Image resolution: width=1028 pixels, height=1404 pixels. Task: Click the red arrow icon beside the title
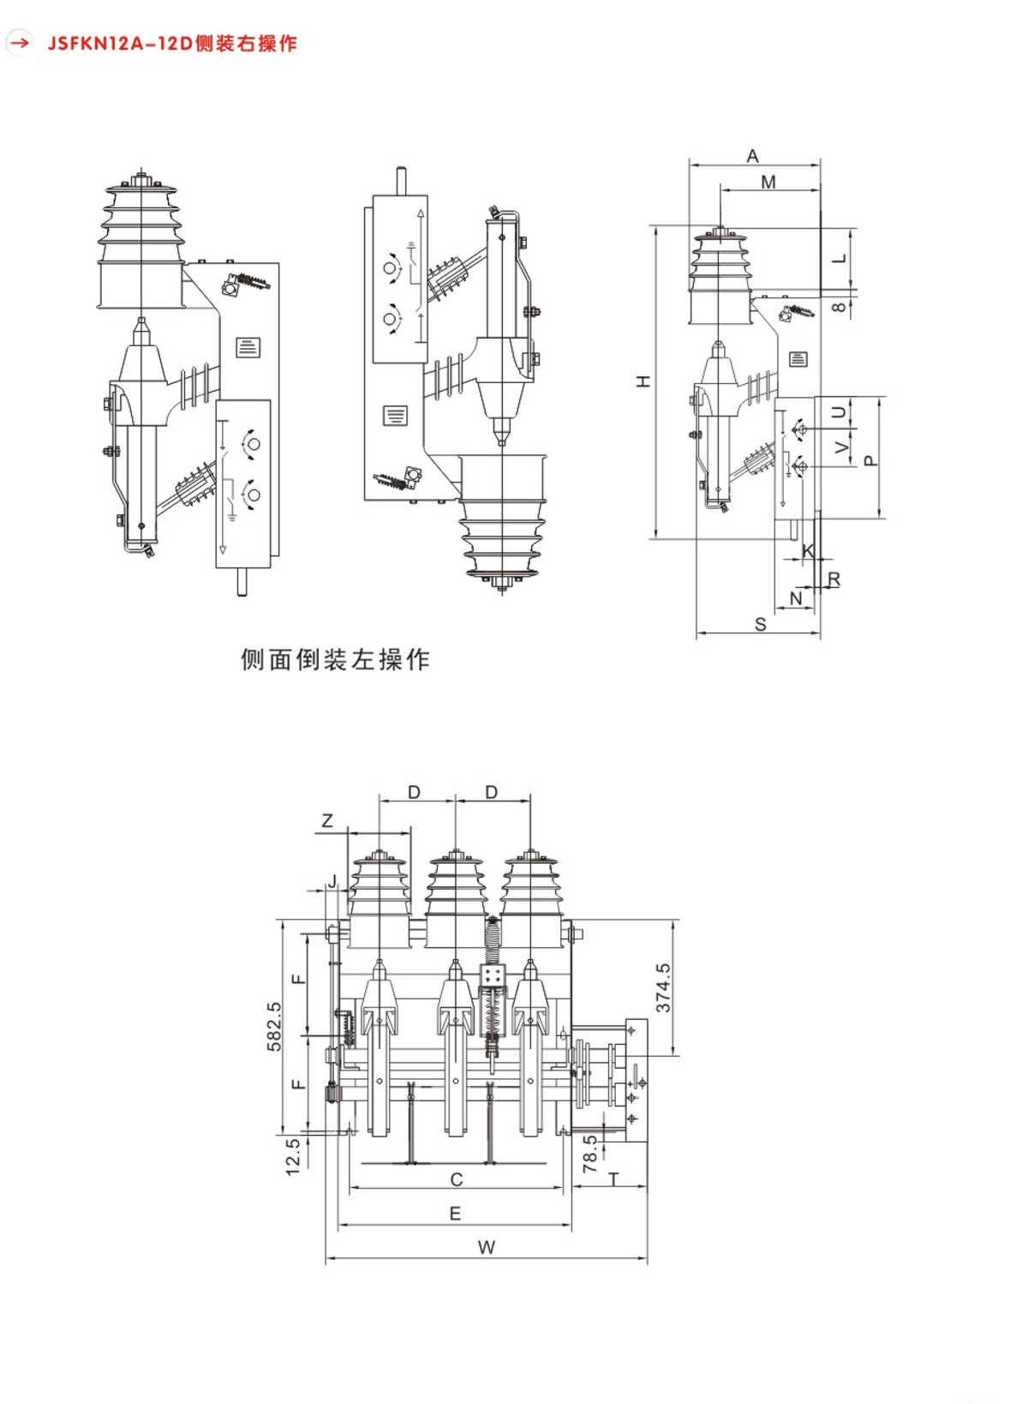19,42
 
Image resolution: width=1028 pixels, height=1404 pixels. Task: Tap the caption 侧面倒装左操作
335,659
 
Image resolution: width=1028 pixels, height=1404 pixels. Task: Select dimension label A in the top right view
752,156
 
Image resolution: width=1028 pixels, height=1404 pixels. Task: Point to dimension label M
768,182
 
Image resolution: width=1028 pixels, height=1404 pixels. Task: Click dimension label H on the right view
643,381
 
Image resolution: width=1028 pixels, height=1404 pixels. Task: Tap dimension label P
871,460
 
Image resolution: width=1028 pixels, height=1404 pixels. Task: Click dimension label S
760,625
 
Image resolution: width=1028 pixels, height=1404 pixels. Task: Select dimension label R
834,580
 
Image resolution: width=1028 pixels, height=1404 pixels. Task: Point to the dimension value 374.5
663,987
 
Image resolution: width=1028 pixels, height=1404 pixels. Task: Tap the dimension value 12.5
293,1155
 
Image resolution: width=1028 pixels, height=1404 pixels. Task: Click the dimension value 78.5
590,1154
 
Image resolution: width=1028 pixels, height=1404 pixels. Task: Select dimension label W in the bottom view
487,1248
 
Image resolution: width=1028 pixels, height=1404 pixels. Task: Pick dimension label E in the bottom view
455,1214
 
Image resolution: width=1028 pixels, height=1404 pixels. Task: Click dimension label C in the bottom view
457,1180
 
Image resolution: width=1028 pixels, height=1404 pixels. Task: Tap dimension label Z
327,821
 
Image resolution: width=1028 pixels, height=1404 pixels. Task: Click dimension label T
614,1180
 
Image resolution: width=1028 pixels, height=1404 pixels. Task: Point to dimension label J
332,880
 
